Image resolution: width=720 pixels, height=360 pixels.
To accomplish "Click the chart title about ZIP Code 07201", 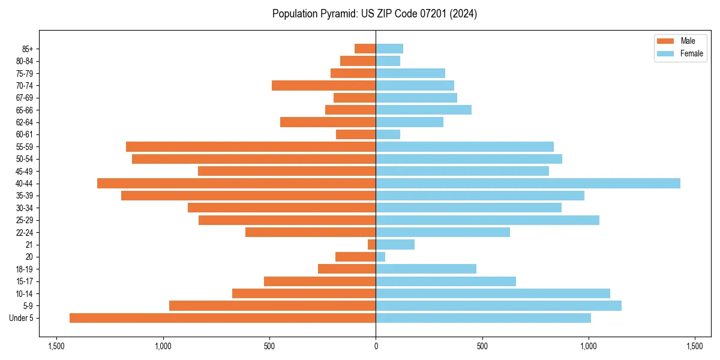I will click(374, 14).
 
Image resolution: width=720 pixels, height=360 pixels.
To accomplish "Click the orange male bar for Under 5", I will click(223, 318).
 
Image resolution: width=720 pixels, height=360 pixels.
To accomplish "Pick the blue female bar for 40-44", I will click(528, 183).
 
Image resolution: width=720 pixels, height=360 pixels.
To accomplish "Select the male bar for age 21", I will click(372, 244).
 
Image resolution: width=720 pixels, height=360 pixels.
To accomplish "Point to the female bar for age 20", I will click(380, 257).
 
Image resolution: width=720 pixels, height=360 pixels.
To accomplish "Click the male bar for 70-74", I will click(324, 85).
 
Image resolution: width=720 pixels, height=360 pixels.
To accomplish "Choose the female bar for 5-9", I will click(499, 305).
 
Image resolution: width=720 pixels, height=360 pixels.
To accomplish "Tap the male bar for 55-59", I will click(251, 146).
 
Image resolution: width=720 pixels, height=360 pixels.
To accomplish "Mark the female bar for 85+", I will click(389, 49).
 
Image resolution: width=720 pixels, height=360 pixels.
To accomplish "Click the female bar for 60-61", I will click(388, 134).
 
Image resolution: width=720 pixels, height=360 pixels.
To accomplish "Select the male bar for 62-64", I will click(328, 122).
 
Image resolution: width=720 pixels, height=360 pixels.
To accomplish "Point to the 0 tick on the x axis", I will click(376, 346).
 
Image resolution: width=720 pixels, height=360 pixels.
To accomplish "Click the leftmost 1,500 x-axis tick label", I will click(56, 346).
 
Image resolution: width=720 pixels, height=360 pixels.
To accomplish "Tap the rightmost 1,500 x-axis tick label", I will click(695, 346).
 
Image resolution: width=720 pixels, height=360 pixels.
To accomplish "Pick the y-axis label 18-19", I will click(25, 269).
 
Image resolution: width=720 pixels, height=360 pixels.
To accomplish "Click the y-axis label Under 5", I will click(22, 318).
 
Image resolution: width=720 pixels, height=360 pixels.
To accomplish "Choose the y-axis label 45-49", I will click(25, 171).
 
